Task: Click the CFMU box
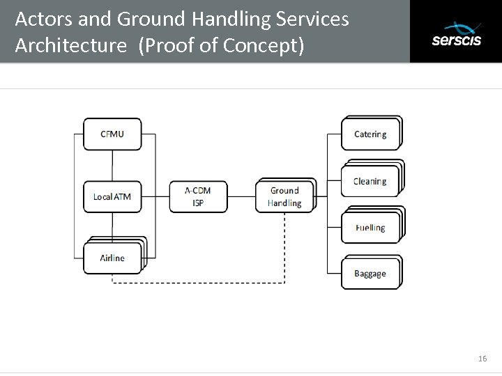112,134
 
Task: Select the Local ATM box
112,196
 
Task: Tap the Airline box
112,258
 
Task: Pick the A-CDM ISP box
198,196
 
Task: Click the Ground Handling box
284,196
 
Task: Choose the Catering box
370,134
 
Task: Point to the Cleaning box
370,182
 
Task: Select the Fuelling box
370,228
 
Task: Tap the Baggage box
370,274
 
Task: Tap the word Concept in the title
264,47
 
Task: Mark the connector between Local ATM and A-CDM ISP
155,196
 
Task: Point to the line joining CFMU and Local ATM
112,166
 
